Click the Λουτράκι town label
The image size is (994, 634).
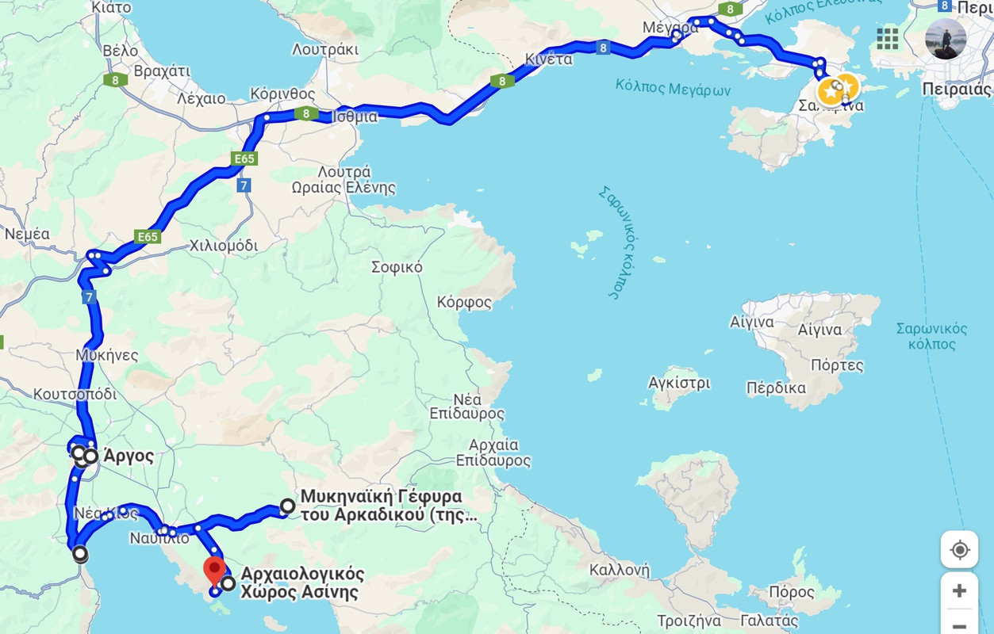pyautogui.click(x=325, y=49)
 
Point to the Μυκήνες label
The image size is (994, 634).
pyautogui.click(x=107, y=355)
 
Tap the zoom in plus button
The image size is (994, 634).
pyautogui.click(x=959, y=590)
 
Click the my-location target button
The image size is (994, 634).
pyautogui.click(x=959, y=549)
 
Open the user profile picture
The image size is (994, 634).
pyautogui.click(x=946, y=39)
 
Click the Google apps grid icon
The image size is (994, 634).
pyautogui.click(x=888, y=38)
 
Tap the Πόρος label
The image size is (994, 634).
pyautogui.click(x=792, y=592)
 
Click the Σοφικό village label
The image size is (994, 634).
pyautogui.click(x=397, y=267)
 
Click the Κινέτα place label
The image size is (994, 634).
pyautogui.click(x=548, y=59)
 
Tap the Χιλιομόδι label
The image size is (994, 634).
pyautogui.click(x=224, y=246)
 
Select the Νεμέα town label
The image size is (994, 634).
pyautogui.click(x=27, y=234)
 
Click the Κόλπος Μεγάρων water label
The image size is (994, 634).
pyautogui.click(x=673, y=87)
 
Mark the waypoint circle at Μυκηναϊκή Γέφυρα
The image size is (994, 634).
pyautogui.click(x=287, y=506)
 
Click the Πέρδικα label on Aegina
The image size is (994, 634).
pyautogui.click(x=776, y=388)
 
